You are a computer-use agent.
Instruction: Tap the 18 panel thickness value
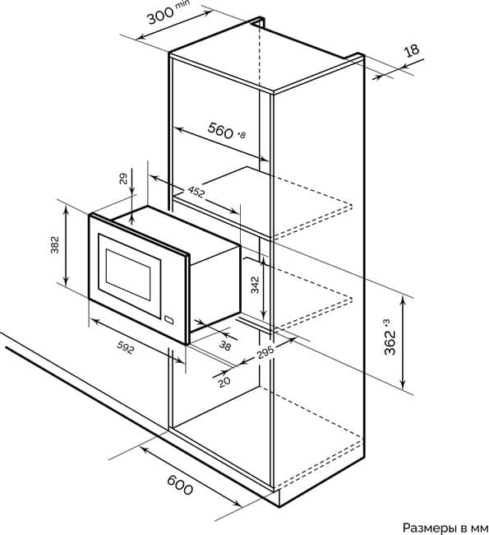[412, 50]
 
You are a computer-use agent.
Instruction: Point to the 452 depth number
[196, 192]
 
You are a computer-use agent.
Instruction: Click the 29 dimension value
[123, 179]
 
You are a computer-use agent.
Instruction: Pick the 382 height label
[54, 245]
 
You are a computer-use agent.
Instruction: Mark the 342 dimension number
[255, 285]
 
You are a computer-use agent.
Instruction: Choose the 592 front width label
[126, 347]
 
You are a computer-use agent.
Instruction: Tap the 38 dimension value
[225, 346]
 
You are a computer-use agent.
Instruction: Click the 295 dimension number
[265, 352]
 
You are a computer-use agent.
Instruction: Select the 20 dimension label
[224, 381]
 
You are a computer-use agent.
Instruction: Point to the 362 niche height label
[390, 337]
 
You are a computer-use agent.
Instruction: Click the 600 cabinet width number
[180, 485]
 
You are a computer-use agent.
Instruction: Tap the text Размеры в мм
[445, 528]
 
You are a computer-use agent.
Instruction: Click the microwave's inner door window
[128, 275]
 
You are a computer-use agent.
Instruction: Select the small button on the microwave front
[168, 319]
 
